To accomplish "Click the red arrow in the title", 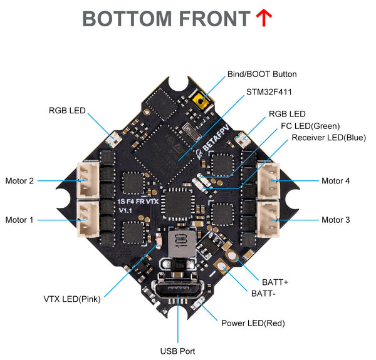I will pyautogui.click(x=263, y=18).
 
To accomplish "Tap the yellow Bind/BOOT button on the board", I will pyautogui.click(x=202, y=99).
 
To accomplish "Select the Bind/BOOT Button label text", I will pyautogui.click(x=262, y=74).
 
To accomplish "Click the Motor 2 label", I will pyautogui.click(x=19, y=181).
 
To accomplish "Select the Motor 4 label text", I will pyautogui.click(x=336, y=181).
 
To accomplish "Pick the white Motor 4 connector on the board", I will pyautogui.click(x=269, y=181).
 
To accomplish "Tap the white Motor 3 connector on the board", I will pyautogui.click(x=269, y=219).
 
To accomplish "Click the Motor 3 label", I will pyautogui.click(x=336, y=220).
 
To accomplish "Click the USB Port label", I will pyautogui.click(x=178, y=351).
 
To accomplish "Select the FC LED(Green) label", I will pyautogui.click(x=311, y=125).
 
